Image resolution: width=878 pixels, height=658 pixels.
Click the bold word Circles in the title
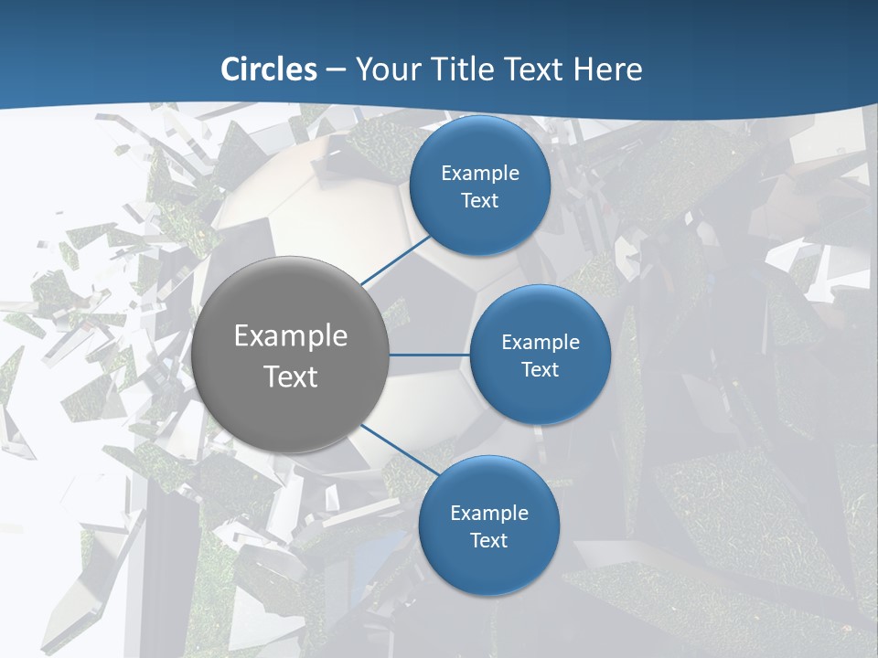pos(269,69)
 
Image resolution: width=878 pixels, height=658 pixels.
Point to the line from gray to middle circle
pos(429,355)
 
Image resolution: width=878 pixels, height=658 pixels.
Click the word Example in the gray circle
pos(291,335)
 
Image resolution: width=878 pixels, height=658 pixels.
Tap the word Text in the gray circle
pos(291,377)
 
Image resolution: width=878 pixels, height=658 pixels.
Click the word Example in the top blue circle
pos(480,173)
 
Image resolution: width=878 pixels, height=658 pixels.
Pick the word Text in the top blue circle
pos(480,200)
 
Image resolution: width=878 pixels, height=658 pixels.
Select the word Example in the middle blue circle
pos(541,342)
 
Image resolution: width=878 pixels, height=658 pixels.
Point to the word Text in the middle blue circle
pos(541,369)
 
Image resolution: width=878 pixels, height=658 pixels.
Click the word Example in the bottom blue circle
pos(489,513)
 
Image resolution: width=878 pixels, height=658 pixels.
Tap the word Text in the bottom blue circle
pos(489,540)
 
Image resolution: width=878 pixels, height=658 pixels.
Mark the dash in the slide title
pos(337,69)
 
